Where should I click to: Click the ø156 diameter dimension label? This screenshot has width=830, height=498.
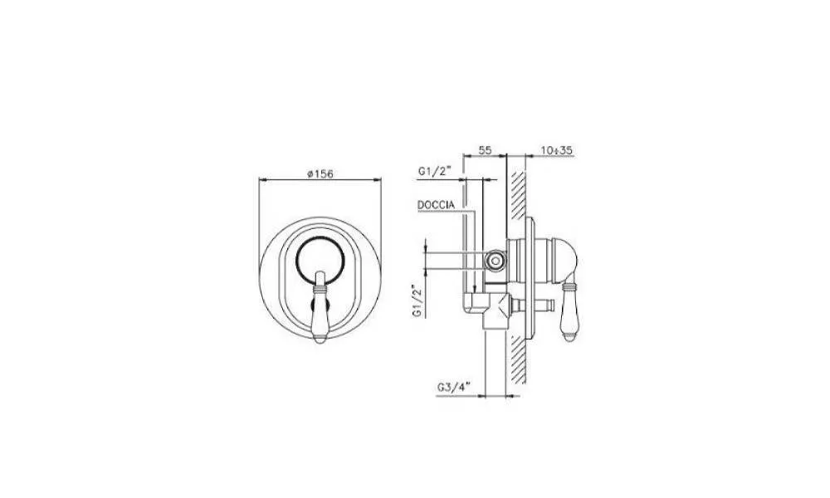coord(320,173)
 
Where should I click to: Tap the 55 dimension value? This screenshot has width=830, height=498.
coord(485,150)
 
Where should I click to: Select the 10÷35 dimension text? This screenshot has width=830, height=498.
coord(557,150)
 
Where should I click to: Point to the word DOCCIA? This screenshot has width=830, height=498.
coord(436,205)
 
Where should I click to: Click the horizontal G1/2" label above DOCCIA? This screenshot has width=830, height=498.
coord(433,171)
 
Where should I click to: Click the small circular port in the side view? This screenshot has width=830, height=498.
coord(496,260)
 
